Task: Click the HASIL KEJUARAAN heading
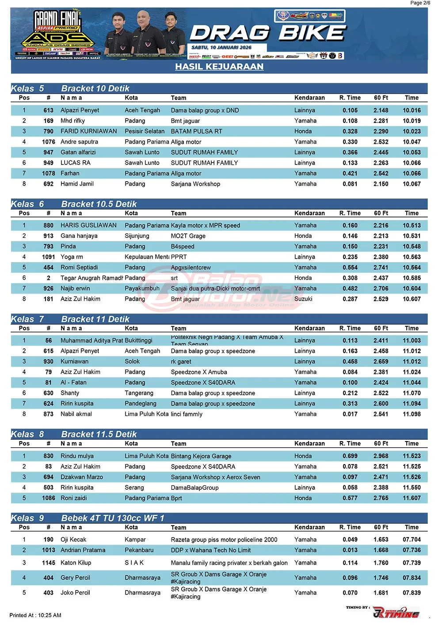219,67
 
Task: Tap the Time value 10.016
412,111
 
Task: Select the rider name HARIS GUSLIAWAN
88,225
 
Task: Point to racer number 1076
48,142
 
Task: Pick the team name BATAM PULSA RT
197,131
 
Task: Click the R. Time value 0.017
350,414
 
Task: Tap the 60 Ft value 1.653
381,540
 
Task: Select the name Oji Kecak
73,540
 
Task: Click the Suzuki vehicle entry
303,299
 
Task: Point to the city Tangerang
139,393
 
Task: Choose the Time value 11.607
412,498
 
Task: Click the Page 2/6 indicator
420,3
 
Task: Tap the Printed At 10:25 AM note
35,615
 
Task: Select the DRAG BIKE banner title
267,33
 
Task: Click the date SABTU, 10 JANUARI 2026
221,47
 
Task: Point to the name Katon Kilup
76,563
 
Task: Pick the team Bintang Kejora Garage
201,456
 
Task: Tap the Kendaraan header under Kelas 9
309,527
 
